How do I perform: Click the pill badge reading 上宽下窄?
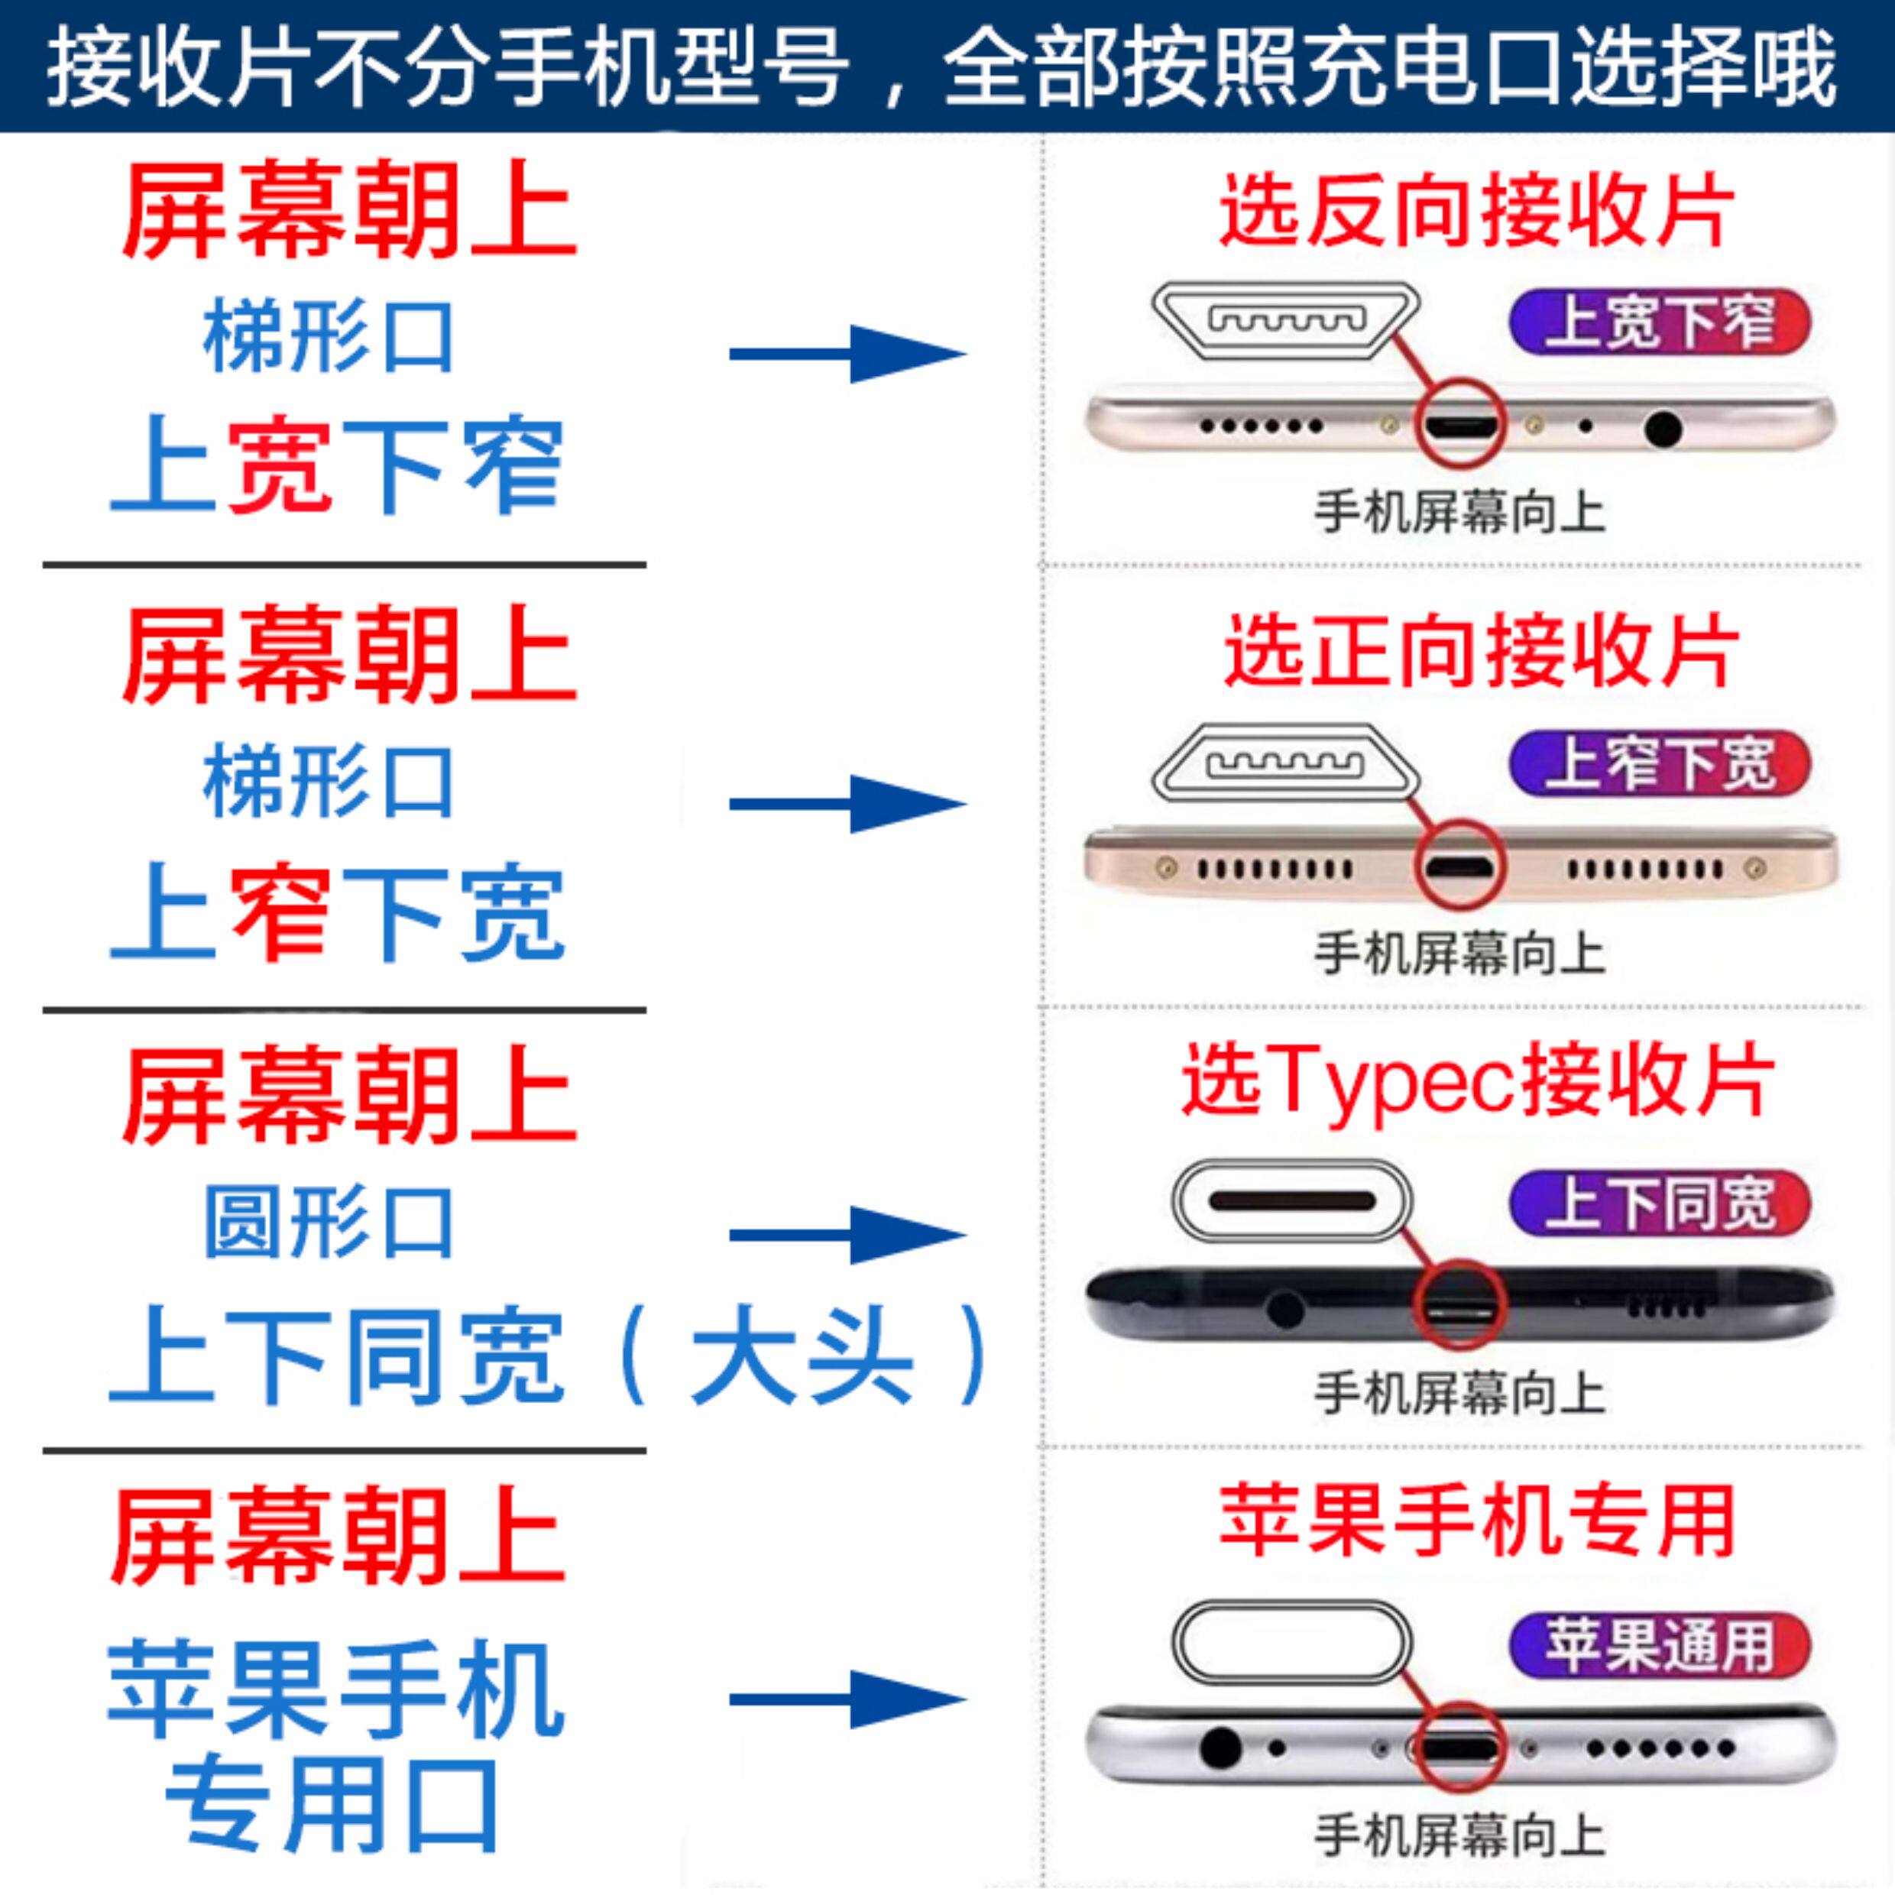coord(1659,321)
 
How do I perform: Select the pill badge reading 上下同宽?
coord(1659,1203)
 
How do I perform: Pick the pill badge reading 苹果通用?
coord(1659,1644)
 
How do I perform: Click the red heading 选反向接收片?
coord(1476,211)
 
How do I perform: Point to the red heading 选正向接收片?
coord(1480,653)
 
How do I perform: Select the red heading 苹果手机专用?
coord(1476,1521)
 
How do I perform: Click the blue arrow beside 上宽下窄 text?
coord(847,354)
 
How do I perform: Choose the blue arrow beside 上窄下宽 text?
coord(847,803)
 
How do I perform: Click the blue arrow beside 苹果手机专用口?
coord(847,1700)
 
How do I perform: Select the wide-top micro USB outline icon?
coord(1286,319)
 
